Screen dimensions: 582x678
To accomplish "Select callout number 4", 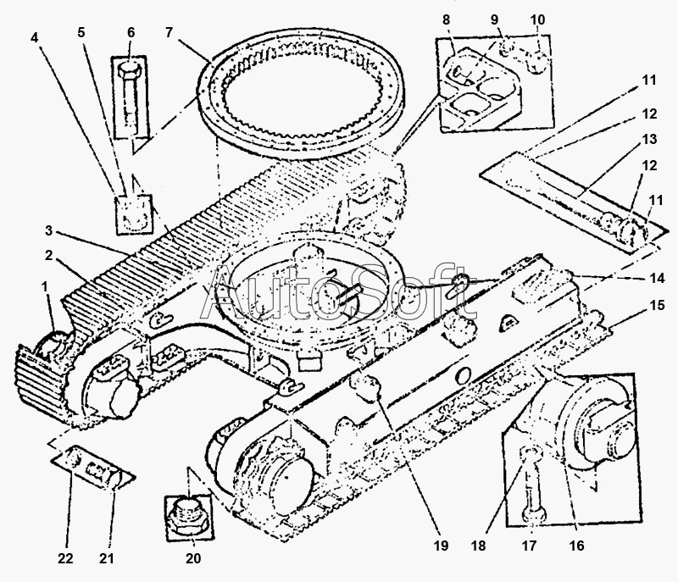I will point(34,37).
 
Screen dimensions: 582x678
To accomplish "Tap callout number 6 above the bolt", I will point(131,32).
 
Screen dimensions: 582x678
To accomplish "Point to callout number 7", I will point(169,32).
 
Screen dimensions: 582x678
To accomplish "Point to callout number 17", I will point(529,546).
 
